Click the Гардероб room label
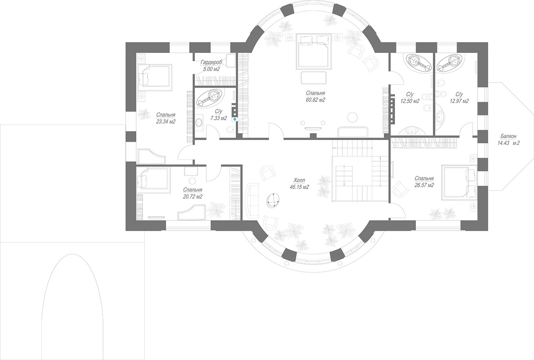pyautogui.click(x=211, y=62)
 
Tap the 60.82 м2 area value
pyautogui.click(x=315, y=100)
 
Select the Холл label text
pyautogui.click(x=300, y=180)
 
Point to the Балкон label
pyautogui.click(x=508, y=136)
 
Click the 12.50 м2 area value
pyautogui.click(x=410, y=101)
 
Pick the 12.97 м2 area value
pyautogui.click(x=459, y=101)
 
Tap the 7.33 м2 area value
pyautogui.click(x=219, y=118)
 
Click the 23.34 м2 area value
pyautogui.click(x=166, y=122)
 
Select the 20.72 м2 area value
pyautogui.click(x=193, y=197)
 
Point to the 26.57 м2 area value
pyautogui.click(x=424, y=185)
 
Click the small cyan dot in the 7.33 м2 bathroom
pyautogui.click(x=235, y=119)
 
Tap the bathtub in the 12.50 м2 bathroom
pyautogui.click(x=417, y=63)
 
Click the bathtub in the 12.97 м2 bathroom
pyautogui.click(x=450, y=63)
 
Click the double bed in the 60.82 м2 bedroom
pyautogui.click(x=314, y=51)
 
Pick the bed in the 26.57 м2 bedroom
pyautogui.click(x=459, y=183)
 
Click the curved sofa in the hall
pyautogui.click(x=252, y=200)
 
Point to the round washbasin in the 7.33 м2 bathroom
pyautogui.click(x=198, y=123)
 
